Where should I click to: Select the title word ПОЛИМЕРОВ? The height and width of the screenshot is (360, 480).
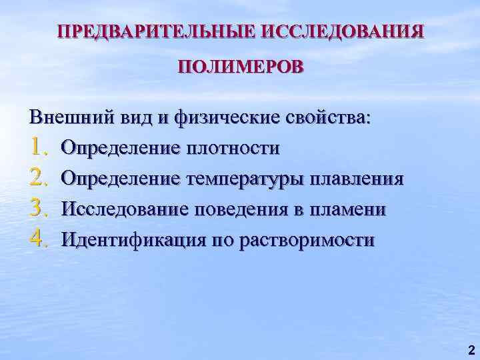pos(240,67)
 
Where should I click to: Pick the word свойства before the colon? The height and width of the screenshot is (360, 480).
pos(329,117)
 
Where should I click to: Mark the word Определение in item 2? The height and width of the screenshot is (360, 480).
pos(119,179)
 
